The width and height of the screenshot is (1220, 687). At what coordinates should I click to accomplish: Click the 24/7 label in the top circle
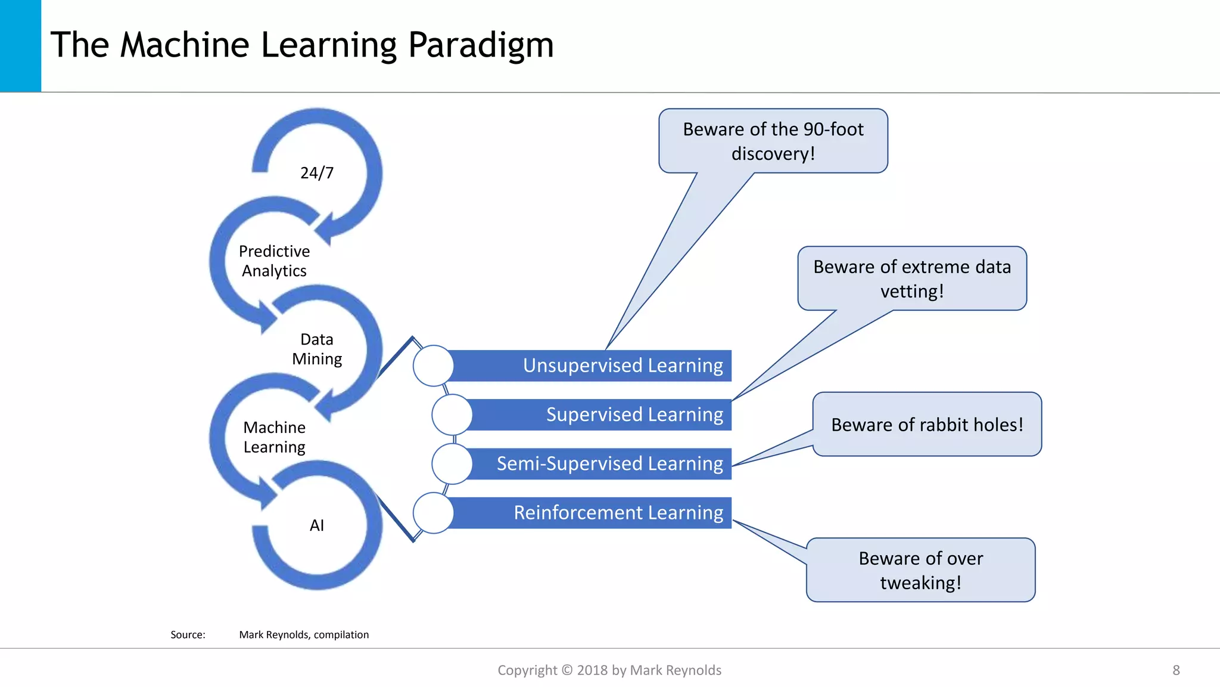point(317,173)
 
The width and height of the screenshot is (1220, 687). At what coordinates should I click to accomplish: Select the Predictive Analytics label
point(274,261)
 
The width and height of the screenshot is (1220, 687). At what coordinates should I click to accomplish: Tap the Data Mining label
point(317,349)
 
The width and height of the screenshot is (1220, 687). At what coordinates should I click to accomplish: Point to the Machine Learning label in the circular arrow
point(274,437)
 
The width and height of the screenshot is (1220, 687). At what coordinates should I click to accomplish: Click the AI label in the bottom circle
point(317,525)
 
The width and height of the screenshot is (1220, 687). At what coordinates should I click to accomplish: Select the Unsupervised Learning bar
point(596,366)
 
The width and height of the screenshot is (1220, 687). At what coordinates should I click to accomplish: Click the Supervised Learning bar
point(602,414)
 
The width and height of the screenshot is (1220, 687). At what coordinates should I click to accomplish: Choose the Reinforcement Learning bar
point(596,513)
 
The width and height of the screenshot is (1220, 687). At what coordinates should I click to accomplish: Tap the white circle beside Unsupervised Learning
point(434,366)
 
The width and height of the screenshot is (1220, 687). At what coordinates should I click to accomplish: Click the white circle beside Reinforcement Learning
point(434,513)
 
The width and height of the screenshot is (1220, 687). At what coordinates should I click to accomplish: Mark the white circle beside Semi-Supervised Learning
point(452,463)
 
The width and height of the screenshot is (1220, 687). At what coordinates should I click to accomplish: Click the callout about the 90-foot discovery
point(773,141)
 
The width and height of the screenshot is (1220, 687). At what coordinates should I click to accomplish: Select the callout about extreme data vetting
point(912,278)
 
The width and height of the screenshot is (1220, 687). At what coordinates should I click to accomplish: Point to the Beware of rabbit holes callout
point(927,425)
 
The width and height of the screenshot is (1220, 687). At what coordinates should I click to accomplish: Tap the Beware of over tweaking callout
point(920,570)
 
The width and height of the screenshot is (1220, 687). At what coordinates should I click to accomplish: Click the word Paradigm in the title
point(481,45)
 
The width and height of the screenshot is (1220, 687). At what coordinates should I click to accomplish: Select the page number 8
point(1176,670)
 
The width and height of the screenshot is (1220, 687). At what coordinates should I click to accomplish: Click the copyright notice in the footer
point(609,670)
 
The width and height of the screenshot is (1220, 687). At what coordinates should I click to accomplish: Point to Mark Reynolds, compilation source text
point(304,635)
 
